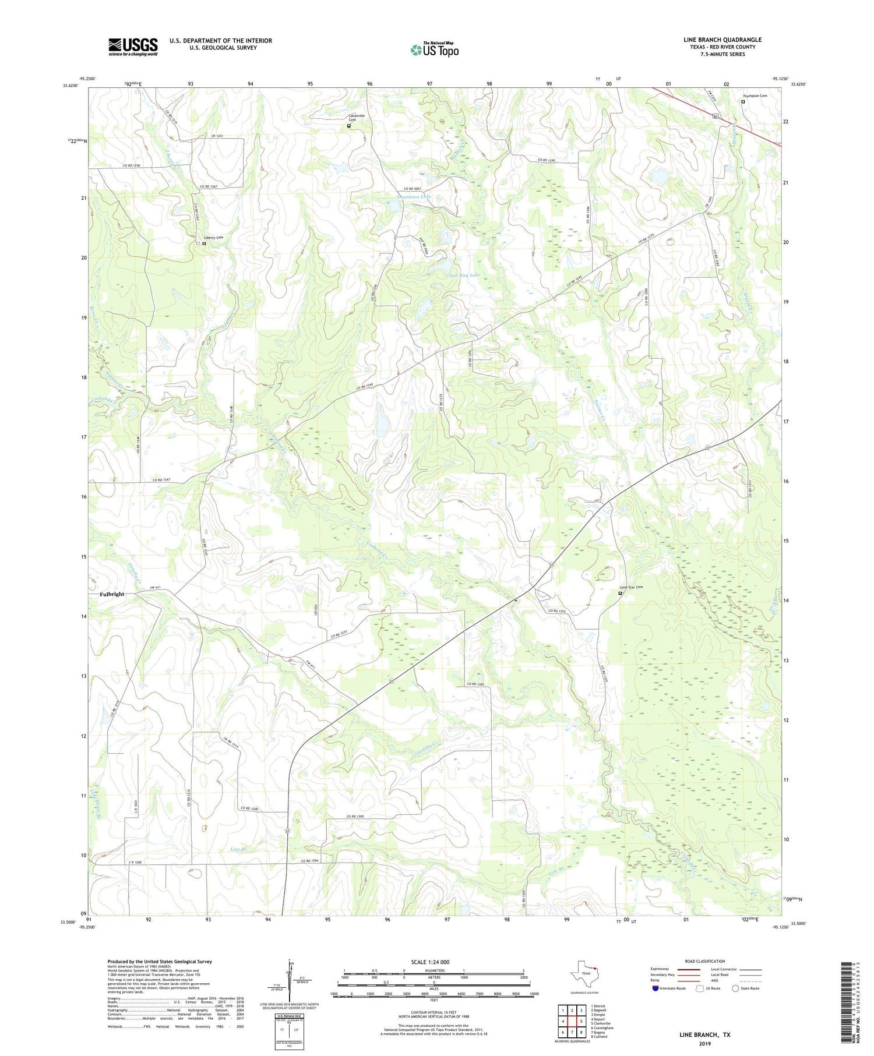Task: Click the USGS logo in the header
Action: (133, 47)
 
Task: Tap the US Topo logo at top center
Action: (434, 50)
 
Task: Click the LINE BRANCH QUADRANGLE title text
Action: (722, 40)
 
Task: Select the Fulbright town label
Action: (112, 594)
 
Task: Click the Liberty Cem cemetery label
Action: (213, 238)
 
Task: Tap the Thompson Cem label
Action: (755, 96)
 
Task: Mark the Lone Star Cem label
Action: (631, 587)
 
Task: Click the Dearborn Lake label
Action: (414, 197)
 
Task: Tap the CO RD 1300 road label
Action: (355, 817)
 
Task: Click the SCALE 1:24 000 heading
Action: (430, 962)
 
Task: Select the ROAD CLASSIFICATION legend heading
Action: (704, 961)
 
